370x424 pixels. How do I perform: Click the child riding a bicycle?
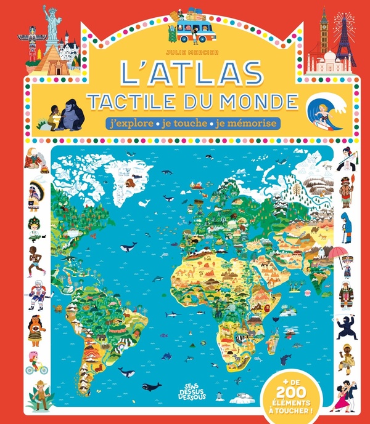click(x=36, y=363)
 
